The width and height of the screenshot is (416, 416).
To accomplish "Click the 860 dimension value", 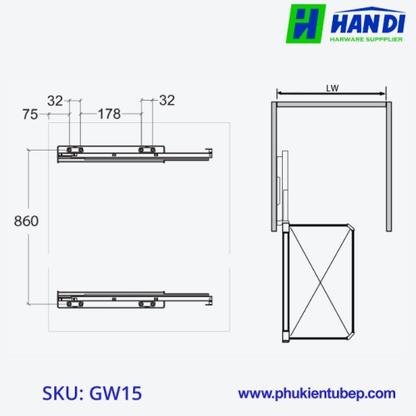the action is (x=27, y=221).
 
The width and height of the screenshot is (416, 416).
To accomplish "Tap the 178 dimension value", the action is (x=109, y=114).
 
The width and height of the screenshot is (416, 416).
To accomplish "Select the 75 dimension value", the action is (x=30, y=115).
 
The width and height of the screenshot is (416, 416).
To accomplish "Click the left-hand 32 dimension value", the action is (x=55, y=101).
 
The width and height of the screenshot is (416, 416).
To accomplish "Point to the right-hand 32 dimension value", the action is (x=167, y=101).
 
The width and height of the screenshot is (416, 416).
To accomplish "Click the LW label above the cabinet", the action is (x=332, y=88).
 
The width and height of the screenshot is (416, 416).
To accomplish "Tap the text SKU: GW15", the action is (x=92, y=393).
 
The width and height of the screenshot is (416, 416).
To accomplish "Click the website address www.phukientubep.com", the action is (x=317, y=394).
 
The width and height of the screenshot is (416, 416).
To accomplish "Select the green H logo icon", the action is (x=305, y=24).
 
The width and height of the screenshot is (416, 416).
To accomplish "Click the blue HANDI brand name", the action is (x=368, y=22).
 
